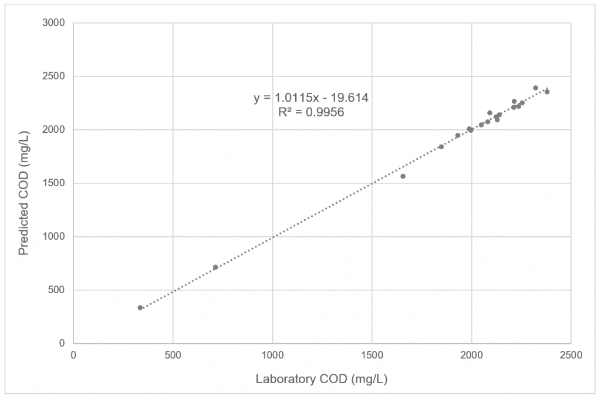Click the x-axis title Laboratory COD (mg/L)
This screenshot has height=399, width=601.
(x=322, y=379)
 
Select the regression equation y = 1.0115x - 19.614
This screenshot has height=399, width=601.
(x=311, y=98)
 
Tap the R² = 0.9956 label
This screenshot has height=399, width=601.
(x=311, y=112)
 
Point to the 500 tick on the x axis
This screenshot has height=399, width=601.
(x=173, y=355)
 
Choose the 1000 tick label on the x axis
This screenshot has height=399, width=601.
(x=272, y=355)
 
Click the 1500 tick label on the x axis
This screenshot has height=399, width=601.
(x=372, y=355)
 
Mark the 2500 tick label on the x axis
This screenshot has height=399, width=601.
(x=570, y=355)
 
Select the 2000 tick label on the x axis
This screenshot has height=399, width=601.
(x=471, y=355)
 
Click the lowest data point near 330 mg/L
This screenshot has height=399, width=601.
(x=140, y=308)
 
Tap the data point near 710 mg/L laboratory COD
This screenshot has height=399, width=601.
(x=215, y=267)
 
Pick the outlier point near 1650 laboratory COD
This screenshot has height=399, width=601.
(x=403, y=176)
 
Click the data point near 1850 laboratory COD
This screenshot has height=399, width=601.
(x=441, y=147)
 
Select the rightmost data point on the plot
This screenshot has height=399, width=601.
(x=547, y=92)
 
